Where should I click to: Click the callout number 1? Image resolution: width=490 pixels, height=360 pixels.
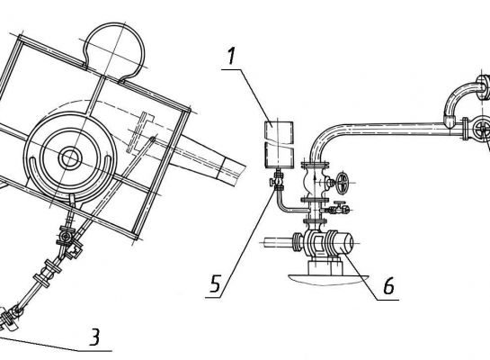(x=231, y=57)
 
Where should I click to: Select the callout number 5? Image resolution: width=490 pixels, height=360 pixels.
(x=216, y=283)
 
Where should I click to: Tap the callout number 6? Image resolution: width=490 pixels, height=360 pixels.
(x=388, y=285)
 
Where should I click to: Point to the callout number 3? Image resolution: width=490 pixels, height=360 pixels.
(x=94, y=337)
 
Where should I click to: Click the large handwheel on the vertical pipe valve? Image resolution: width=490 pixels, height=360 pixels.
(x=343, y=183)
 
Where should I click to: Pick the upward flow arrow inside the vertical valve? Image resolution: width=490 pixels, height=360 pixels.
(x=315, y=181)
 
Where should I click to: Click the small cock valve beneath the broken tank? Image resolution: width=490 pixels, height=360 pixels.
(x=278, y=182)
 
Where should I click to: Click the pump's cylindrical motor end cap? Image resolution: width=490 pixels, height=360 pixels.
(x=348, y=243)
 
